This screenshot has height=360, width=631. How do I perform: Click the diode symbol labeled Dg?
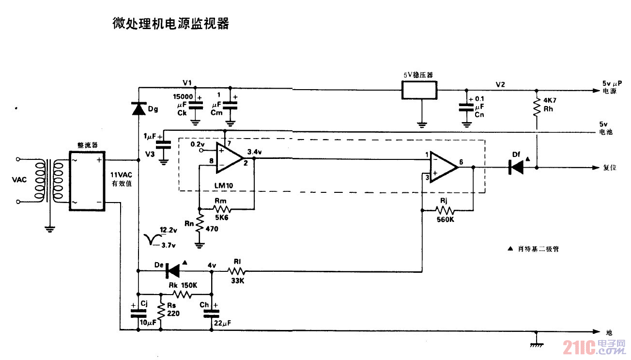(x=139, y=109)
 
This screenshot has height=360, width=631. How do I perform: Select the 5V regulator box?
(x=419, y=90)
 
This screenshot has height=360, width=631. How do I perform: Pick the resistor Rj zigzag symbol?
(x=445, y=210)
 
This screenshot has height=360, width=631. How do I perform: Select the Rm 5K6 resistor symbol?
(x=222, y=209)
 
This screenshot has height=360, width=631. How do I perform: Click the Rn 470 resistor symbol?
(x=200, y=226)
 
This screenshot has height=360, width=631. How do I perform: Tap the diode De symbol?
(x=173, y=271)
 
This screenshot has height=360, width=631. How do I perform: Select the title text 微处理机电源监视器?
(x=170, y=24)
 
